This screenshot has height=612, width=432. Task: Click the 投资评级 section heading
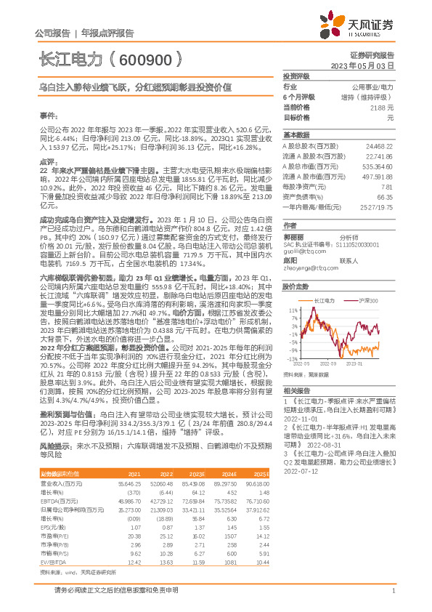tap(297, 76)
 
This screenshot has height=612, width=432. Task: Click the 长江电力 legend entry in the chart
tap(323, 299)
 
